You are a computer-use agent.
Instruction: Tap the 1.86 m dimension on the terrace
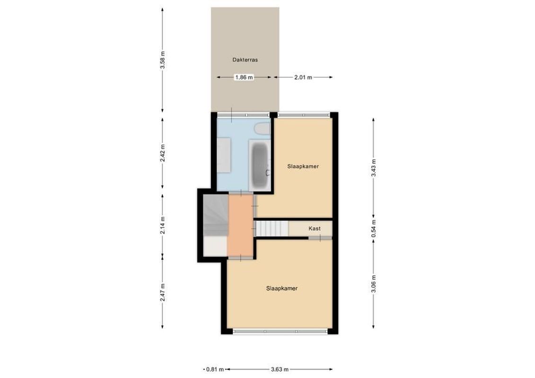(244, 77)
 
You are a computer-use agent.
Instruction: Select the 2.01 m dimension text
(303, 77)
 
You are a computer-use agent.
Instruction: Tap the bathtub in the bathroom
(260, 165)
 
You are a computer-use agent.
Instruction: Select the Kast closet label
(315, 229)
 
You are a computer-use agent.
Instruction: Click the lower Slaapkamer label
(282, 288)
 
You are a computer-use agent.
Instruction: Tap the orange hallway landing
(240, 225)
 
